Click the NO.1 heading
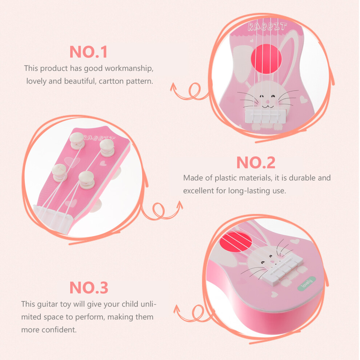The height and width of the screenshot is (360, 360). (x=88, y=52)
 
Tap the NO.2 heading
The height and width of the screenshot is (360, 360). (x=256, y=163)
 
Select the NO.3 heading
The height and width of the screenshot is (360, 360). (x=89, y=287)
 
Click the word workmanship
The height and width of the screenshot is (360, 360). (x=129, y=68)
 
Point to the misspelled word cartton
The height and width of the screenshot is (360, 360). (x=111, y=81)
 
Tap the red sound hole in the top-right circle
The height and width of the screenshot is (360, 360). (x=266, y=59)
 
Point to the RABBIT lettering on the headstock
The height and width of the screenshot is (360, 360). (x=99, y=137)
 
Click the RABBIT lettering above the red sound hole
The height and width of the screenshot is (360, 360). (x=267, y=27)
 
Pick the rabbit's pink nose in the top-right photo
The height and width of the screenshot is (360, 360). (x=267, y=101)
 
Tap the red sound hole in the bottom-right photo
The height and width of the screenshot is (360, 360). (x=236, y=241)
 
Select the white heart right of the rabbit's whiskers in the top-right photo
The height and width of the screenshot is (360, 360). (x=304, y=99)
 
